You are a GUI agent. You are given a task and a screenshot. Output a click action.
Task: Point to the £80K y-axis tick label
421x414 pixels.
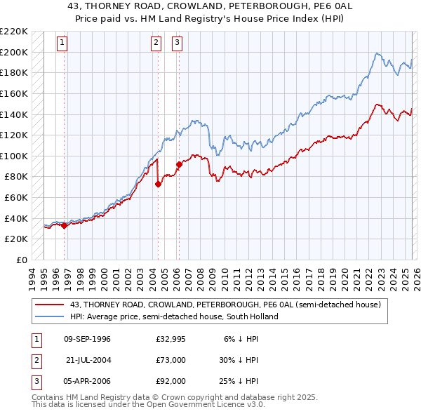tap(16, 177)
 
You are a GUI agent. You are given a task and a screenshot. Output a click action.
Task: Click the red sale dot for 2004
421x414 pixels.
tap(158, 184)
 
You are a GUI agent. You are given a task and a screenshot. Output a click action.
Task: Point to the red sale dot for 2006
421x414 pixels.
tap(178, 164)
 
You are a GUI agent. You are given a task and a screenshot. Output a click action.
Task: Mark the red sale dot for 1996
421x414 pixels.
tap(65, 225)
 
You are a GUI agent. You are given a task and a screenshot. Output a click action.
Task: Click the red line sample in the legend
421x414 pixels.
tap(51, 305)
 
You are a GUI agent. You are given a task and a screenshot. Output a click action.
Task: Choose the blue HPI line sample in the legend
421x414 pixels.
tap(51, 316)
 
